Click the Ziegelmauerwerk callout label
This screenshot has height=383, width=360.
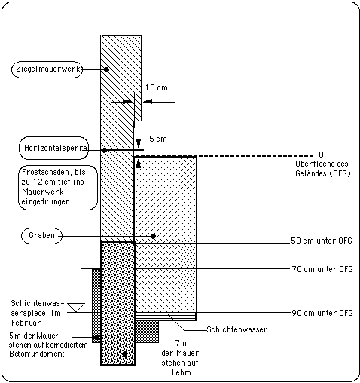click(x=47, y=69)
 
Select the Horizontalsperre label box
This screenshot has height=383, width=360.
click(x=53, y=148)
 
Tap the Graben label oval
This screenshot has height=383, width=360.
click(x=41, y=236)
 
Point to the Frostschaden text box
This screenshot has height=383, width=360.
click(x=58, y=188)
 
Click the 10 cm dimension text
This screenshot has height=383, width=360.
click(x=157, y=87)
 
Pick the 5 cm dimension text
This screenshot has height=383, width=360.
click(x=158, y=139)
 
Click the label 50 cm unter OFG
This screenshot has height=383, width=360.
click(x=322, y=241)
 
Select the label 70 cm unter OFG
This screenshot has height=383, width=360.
click(x=322, y=269)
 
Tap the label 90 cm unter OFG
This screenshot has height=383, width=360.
click(x=322, y=313)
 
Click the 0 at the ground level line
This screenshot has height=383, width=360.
click(x=321, y=155)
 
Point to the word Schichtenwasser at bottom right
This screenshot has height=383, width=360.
click(x=237, y=329)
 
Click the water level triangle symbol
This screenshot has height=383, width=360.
click(x=77, y=308)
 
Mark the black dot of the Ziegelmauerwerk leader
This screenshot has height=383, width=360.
click(x=106, y=69)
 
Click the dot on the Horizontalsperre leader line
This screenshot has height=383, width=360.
click(x=105, y=150)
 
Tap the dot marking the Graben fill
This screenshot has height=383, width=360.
click(x=153, y=236)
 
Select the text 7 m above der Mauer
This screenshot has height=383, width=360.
click(x=182, y=343)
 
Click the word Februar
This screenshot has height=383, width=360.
click(x=26, y=323)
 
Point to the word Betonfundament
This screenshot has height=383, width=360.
click(x=37, y=354)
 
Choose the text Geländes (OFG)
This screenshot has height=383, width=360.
click(x=322, y=173)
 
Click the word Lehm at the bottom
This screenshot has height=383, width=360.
click(x=182, y=372)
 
